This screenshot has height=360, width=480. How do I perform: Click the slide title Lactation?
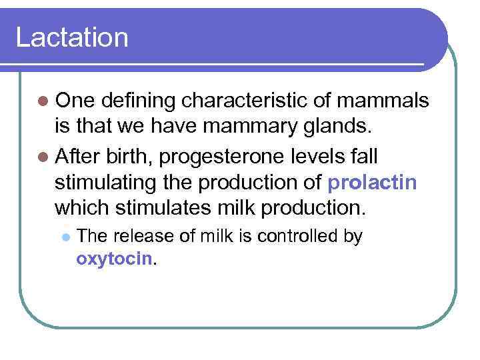pyautogui.click(x=72, y=37)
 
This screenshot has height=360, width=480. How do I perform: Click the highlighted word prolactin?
pyautogui.click(x=373, y=183)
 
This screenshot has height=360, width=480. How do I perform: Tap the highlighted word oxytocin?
pyautogui.click(x=115, y=259)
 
